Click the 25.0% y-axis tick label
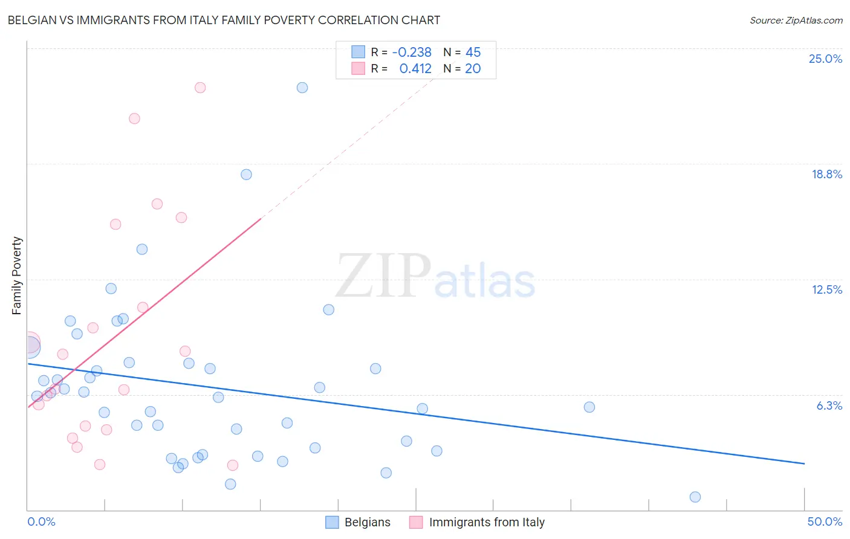pos(825,59)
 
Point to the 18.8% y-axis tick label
pos(826,174)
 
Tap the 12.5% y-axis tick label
pos(826,289)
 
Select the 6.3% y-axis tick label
pos(829,405)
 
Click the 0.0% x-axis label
pos(41,521)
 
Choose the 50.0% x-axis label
pos(824,521)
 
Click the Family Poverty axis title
pos(17,276)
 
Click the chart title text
pos(224,20)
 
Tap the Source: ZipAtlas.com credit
pos(796,20)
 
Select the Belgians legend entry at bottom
pos(358,522)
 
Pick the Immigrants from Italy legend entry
pos(477,522)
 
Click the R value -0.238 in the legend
pos(412,53)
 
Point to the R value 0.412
pos(415,69)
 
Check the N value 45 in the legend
pos(473,53)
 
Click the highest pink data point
pos(200,88)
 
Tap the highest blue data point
pos(302,88)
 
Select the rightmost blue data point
pos(695,497)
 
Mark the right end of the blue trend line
pos(804,463)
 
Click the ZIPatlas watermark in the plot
pos(435,277)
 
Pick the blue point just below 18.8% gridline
pos(246,175)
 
